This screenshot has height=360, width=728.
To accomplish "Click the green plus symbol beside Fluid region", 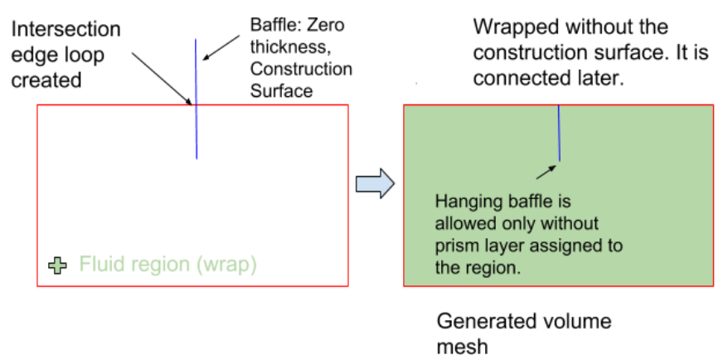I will coord(58,266).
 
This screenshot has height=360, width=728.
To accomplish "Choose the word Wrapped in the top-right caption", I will coord(514,27).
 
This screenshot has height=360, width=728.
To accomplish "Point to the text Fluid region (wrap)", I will coord(168,265).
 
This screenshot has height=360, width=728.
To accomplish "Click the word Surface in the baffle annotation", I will coord(281,90).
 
